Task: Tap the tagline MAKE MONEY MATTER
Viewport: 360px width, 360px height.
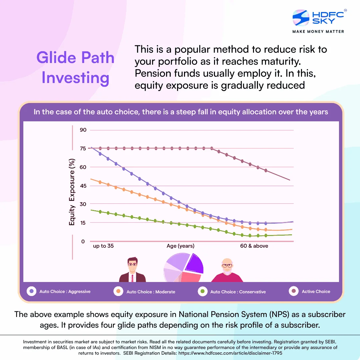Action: (x=318, y=31)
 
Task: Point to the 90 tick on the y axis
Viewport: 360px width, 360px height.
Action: (x=83, y=130)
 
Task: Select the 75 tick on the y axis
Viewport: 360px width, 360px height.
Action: (x=83, y=148)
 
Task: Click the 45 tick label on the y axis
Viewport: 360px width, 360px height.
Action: (x=83, y=186)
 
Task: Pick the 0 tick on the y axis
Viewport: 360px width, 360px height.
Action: (x=83, y=242)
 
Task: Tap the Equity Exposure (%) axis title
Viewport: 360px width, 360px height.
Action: (x=72, y=192)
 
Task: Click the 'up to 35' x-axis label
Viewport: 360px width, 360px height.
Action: (x=103, y=246)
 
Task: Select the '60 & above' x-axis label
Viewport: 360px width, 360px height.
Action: (x=254, y=246)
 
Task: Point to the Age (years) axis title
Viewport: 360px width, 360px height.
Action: (x=180, y=246)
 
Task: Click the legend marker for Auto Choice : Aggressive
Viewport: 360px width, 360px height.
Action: (x=32, y=291)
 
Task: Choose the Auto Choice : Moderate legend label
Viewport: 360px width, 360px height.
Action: (x=151, y=292)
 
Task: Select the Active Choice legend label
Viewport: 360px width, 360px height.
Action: (x=316, y=291)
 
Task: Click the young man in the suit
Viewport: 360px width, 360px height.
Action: (x=132, y=271)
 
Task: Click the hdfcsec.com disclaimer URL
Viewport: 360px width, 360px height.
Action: (x=237, y=352)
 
